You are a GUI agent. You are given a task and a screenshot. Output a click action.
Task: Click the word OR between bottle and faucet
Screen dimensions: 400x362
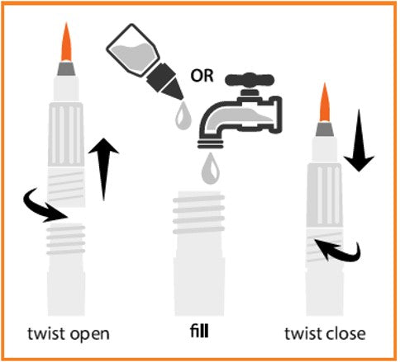202,76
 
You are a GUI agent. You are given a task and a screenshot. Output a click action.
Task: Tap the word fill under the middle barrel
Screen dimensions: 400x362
199,331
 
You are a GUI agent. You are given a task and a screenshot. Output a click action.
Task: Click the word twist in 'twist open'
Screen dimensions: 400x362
46,333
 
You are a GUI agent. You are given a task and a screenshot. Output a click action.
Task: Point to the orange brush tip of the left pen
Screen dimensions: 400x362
66,42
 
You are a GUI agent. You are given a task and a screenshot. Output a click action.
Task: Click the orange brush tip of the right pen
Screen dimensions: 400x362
325,102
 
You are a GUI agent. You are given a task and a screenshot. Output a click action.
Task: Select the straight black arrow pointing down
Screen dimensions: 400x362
359,140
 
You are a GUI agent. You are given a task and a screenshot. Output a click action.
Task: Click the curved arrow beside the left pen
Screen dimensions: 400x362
44,205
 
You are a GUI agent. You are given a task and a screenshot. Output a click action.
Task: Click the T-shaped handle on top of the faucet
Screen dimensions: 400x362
250,80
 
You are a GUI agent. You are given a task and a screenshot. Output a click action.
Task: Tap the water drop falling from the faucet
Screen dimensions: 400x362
211,168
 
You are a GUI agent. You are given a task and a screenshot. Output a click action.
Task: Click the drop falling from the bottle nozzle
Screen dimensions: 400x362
183,115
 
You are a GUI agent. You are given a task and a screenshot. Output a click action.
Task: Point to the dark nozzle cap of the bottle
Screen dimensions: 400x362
164,81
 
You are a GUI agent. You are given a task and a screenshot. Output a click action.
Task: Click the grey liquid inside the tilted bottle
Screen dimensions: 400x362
135,56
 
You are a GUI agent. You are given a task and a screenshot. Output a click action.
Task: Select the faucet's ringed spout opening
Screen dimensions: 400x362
210,143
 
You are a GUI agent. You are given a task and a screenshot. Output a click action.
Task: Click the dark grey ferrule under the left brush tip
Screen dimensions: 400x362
66,68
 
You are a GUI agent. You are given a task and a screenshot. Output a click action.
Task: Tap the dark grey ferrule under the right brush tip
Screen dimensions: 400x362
325,129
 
